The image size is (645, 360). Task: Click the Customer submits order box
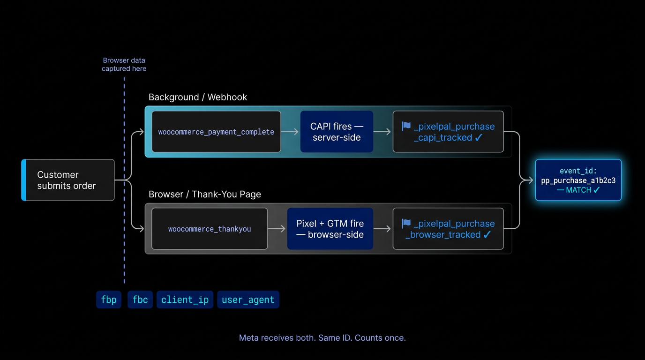click(x=68, y=180)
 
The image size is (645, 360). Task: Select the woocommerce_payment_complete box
click(x=216, y=132)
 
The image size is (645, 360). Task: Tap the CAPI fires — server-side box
click(x=337, y=132)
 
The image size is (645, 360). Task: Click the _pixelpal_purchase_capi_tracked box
click(x=448, y=132)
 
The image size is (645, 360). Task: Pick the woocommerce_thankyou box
click(x=210, y=229)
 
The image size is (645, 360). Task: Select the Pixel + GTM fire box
click(x=330, y=229)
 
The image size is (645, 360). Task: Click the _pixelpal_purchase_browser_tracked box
click(x=448, y=229)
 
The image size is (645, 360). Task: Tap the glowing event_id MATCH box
click(x=578, y=180)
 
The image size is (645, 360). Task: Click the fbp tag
click(x=109, y=300)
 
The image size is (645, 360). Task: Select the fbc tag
click(x=140, y=300)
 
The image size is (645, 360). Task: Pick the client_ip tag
click(x=185, y=300)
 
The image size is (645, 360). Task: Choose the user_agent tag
click(x=248, y=300)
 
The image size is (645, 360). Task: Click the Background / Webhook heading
click(x=198, y=97)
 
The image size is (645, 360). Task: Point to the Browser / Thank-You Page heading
click(x=205, y=194)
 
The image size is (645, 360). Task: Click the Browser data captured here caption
click(x=124, y=64)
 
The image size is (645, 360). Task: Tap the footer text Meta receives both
click(x=322, y=337)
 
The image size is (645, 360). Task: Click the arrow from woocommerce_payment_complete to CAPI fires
click(x=290, y=132)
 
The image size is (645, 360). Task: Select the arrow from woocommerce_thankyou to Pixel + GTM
click(x=277, y=229)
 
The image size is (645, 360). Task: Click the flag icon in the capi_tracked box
click(x=406, y=126)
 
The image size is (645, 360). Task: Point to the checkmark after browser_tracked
click(x=487, y=235)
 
